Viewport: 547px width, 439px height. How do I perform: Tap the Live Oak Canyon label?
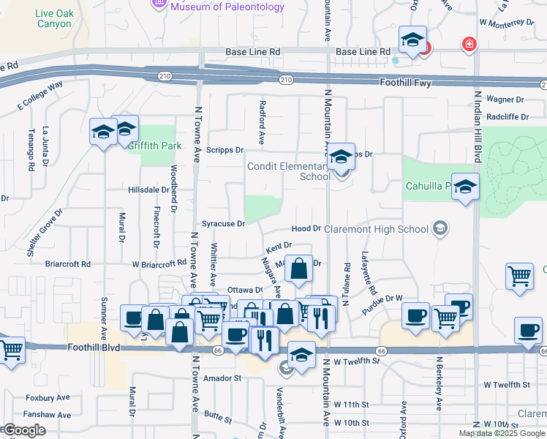point(53,18)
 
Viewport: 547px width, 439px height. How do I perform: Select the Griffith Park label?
point(154,146)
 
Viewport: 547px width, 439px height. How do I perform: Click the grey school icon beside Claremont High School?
point(440,228)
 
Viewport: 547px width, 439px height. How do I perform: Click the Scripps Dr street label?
point(224,150)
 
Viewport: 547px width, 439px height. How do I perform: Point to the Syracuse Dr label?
point(223,224)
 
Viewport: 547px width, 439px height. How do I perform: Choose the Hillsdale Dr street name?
point(148,190)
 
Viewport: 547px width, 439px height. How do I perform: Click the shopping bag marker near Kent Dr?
point(298,269)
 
